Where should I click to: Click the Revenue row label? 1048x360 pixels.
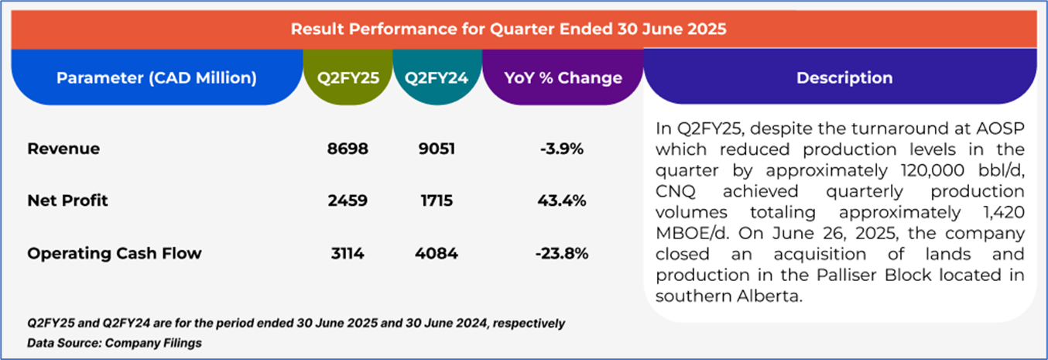coord(63,149)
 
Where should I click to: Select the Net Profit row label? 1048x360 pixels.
coord(68,201)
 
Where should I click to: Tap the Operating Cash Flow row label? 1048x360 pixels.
coord(115,253)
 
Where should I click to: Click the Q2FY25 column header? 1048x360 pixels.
coord(347,77)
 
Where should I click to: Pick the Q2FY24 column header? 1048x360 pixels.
coord(437,77)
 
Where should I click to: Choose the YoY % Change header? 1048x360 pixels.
coord(563,77)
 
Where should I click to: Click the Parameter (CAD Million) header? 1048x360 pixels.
coord(156,77)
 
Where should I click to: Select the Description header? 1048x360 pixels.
coord(844,77)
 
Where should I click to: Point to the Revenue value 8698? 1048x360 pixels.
coord(347,149)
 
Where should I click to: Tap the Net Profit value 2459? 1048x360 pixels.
coord(347,201)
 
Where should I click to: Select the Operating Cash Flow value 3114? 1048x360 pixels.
coord(347,253)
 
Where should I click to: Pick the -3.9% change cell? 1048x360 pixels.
coord(562,149)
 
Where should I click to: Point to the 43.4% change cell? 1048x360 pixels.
coord(562,201)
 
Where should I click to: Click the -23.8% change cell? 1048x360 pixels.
coord(562,253)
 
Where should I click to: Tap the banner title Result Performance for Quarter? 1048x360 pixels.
coord(509,29)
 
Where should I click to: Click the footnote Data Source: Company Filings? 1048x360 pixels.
coord(115,342)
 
